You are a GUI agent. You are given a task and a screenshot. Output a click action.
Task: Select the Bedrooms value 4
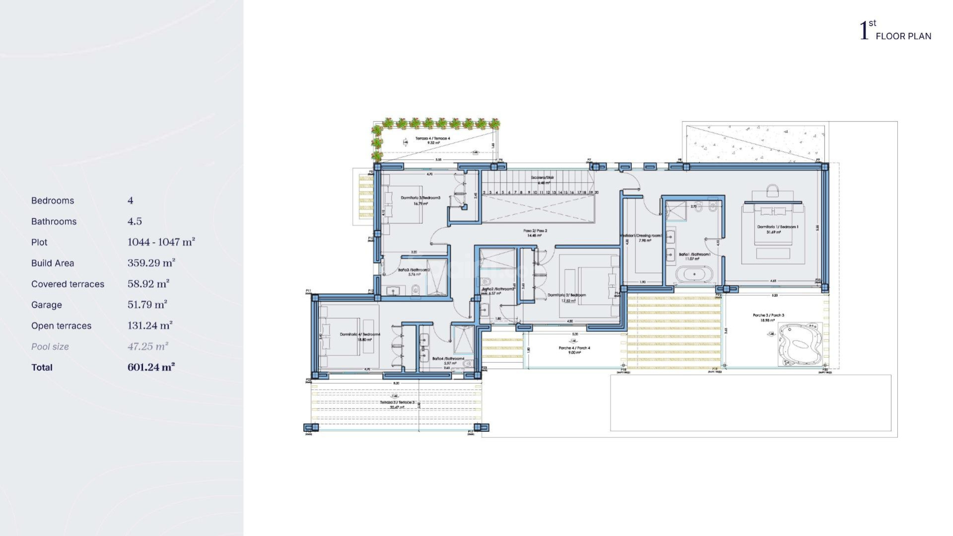pyautogui.click(x=131, y=201)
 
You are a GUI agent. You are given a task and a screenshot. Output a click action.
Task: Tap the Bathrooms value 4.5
pyautogui.click(x=135, y=221)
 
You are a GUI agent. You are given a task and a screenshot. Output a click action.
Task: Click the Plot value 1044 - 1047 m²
pyautogui.click(x=161, y=242)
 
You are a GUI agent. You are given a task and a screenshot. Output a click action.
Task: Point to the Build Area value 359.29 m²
pyautogui.click(x=151, y=263)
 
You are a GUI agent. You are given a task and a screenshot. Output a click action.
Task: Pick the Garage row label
pyautogui.click(x=47, y=305)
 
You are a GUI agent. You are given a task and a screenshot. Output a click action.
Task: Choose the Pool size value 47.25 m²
pyautogui.click(x=147, y=346)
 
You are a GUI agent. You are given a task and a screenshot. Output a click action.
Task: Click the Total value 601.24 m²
pyautogui.click(x=151, y=367)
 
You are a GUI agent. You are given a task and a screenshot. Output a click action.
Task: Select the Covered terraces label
pyautogui.click(x=68, y=284)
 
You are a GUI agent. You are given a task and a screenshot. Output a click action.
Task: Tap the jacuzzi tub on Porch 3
pyautogui.click(x=799, y=345)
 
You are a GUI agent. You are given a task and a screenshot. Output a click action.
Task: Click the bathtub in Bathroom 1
pyautogui.click(x=694, y=274)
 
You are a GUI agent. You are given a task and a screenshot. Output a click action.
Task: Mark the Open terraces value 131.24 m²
pyautogui.click(x=149, y=326)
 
